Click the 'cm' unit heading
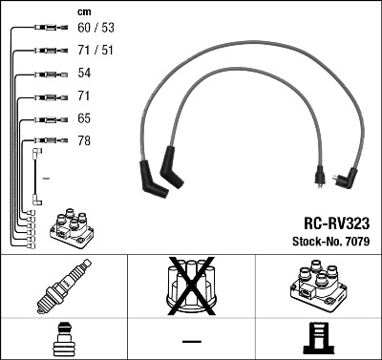click(x=83, y=11)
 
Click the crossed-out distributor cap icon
click(x=190, y=287)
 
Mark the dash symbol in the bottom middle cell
click(x=191, y=341)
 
